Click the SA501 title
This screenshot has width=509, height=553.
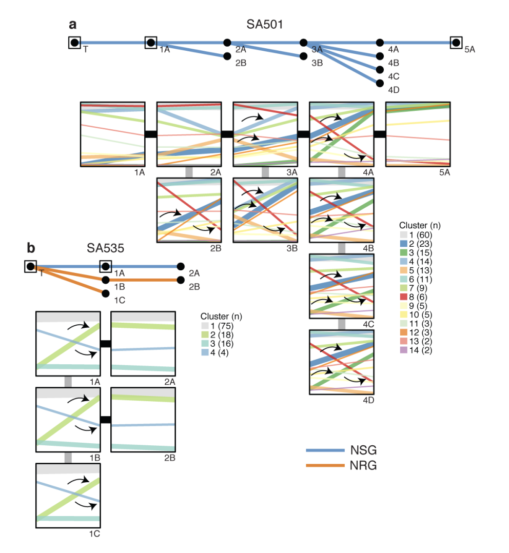click(x=264, y=24)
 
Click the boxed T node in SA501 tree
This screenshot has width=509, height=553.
click(x=74, y=43)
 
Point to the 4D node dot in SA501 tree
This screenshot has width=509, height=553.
click(x=380, y=83)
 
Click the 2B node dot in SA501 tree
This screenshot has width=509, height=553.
click(x=227, y=56)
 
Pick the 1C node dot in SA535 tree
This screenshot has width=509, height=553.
click(x=106, y=293)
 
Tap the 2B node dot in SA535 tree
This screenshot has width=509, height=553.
click(x=181, y=280)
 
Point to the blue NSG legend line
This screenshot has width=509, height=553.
click(x=325, y=450)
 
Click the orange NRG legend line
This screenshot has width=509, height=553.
click(x=325, y=465)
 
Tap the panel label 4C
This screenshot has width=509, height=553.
click(x=367, y=325)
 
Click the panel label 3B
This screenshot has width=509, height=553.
click(x=292, y=249)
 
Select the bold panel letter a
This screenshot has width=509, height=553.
click(x=73, y=24)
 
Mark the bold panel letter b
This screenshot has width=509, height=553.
click(x=31, y=249)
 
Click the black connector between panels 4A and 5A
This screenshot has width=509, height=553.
click(x=380, y=134)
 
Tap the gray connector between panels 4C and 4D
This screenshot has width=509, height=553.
click(x=342, y=324)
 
